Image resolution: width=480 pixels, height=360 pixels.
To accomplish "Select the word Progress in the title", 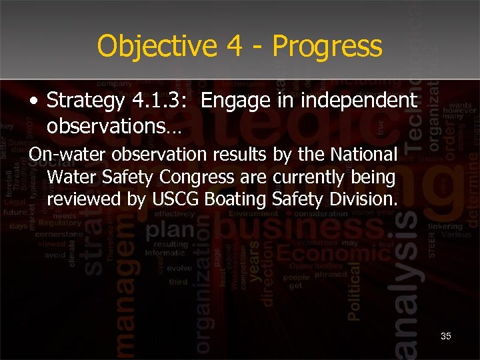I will pos(327,46).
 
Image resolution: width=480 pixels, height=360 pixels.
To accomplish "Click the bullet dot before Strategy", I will pos(33,101).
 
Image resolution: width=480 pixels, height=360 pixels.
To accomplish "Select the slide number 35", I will pos(445,336).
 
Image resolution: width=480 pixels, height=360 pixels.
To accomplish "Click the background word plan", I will pos(172,231).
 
